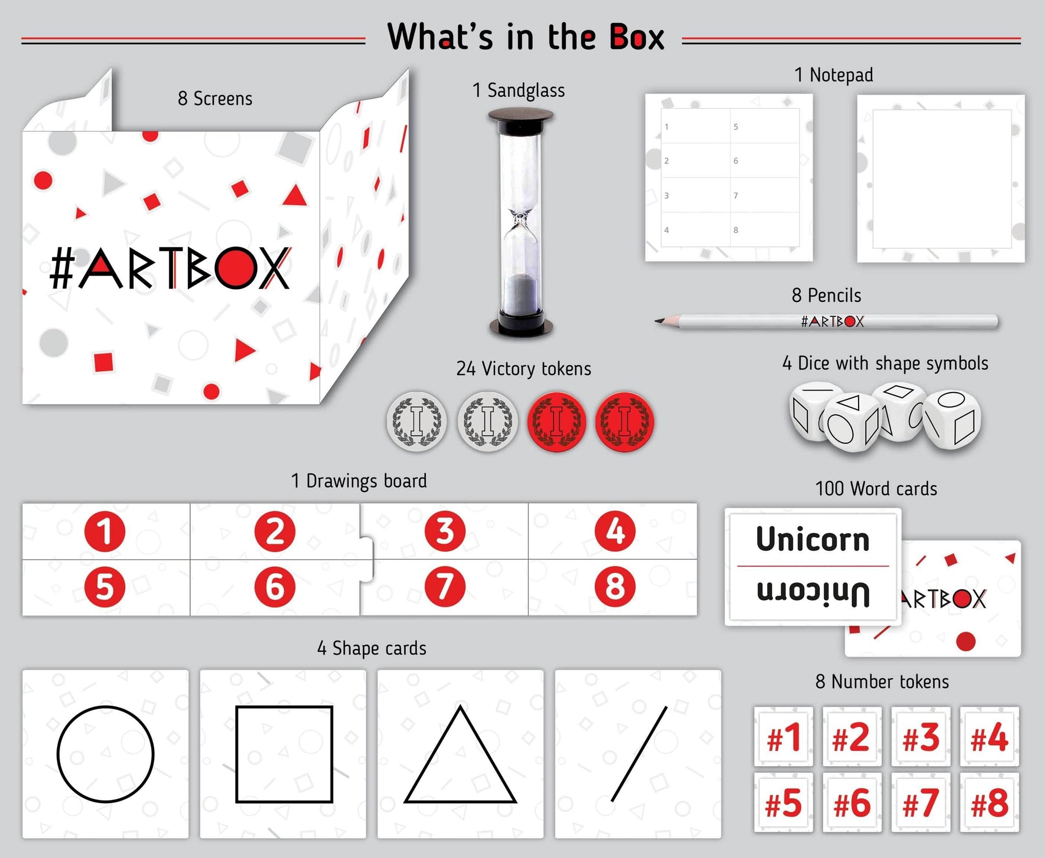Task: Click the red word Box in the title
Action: pyautogui.click(x=637, y=38)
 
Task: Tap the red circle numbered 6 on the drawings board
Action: pyautogui.click(x=274, y=587)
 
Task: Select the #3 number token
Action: pyautogui.click(x=920, y=737)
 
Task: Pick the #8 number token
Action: pyautogui.click(x=989, y=803)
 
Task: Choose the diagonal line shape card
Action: pyautogui.click(x=638, y=754)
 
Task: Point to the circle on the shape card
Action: pyautogui.click(x=105, y=754)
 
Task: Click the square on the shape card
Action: pyautogui.click(x=284, y=754)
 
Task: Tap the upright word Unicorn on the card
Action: pyautogui.click(x=812, y=539)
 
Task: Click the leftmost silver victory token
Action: pyautogui.click(x=417, y=421)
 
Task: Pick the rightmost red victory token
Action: pyautogui.click(x=625, y=421)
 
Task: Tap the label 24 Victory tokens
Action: pyautogui.click(x=524, y=369)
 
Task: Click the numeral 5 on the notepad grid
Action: pyautogui.click(x=736, y=127)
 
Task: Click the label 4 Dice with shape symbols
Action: pyautogui.click(x=885, y=363)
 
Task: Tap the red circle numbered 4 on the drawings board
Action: pyautogui.click(x=615, y=531)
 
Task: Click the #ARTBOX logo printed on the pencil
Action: pyautogui.click(x=832, y=322)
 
